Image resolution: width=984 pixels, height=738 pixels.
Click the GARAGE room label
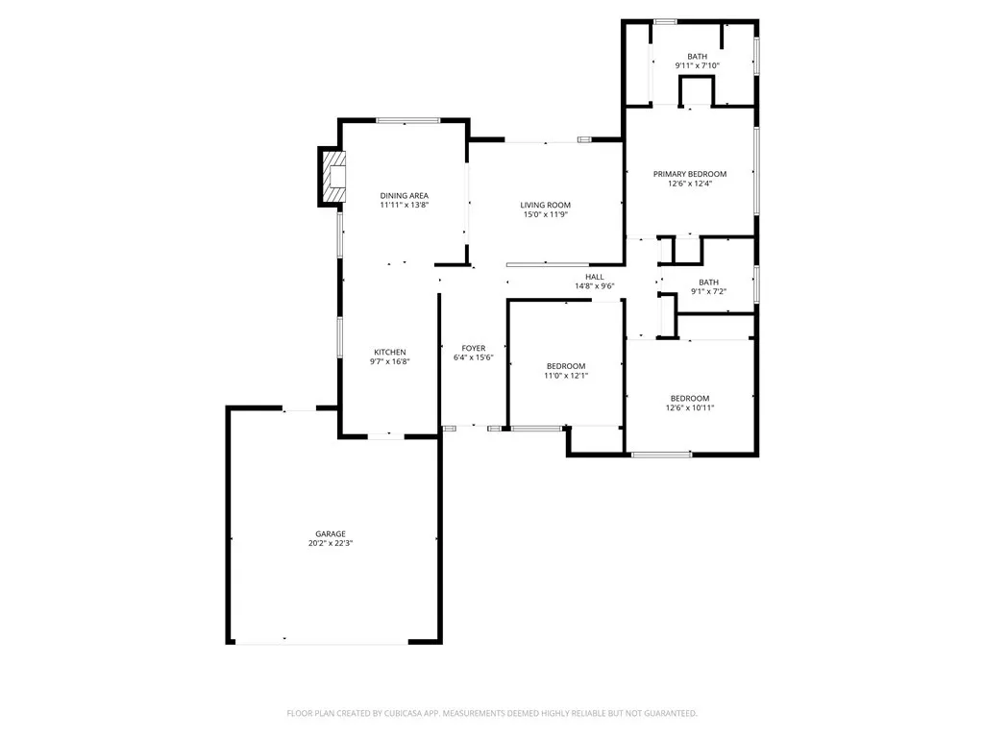(331, 533)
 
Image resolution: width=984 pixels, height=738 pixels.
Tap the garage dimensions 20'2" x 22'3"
(331, 543)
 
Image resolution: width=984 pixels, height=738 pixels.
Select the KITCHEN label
(390, 352)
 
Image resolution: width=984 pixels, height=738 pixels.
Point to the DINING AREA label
(404, 195)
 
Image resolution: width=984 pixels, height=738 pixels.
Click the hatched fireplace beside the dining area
(332, 177)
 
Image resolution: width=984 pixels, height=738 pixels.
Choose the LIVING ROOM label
(546, 205)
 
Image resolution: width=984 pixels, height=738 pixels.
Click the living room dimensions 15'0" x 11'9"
(546, 214)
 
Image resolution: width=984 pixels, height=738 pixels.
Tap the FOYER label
(473, 348)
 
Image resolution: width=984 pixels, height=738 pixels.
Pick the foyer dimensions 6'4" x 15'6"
(473, 357)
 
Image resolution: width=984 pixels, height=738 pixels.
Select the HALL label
(594, 276)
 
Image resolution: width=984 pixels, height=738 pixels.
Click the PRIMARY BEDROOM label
(690, 174)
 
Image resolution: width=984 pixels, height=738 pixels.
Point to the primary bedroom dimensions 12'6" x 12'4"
(690, 184)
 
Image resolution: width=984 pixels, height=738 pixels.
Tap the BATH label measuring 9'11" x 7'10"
(697, 57)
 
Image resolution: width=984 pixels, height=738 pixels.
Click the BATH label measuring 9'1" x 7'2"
(708, 282)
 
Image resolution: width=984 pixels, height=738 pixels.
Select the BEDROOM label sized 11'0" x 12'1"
(566, 366)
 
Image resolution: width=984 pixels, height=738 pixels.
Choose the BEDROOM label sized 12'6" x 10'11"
(690, 398)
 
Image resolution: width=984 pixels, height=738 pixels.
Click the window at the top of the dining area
(407, 120)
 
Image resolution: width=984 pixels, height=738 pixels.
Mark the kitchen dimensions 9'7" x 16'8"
(390, 361)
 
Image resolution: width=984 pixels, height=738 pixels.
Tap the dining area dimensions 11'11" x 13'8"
(404, 205)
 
